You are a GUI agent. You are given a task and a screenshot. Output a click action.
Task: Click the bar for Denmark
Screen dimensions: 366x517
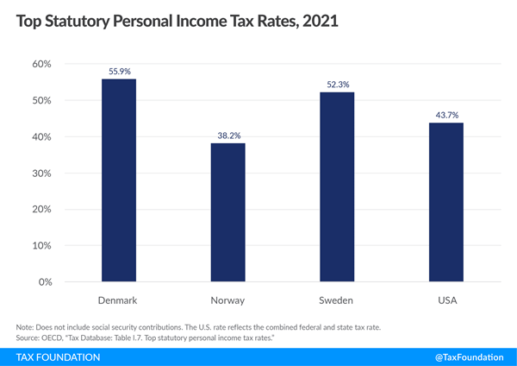point(119,180)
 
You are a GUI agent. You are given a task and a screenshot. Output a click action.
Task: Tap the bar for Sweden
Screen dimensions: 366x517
point(337,187)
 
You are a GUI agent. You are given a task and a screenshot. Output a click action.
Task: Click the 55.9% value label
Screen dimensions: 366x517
point(119,71)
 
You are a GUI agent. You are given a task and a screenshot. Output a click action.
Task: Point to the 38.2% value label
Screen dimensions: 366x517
point(228,135)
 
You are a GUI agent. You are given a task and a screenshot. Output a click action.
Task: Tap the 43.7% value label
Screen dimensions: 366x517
point(445,115)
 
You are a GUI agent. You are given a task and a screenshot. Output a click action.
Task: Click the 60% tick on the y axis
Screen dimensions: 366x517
point(42,65)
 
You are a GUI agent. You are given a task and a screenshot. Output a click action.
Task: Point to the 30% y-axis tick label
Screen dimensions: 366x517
point(42,174)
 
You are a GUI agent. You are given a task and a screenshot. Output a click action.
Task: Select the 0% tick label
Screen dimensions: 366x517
point(45,282)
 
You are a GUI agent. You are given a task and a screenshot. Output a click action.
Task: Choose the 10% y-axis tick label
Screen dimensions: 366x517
point(42,246)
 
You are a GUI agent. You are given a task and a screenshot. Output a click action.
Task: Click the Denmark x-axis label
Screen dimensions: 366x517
point(119,300)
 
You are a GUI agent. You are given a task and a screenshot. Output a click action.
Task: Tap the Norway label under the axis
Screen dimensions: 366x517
point(228,300)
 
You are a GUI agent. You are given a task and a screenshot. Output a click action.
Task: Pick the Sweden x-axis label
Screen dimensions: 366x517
point(337,300)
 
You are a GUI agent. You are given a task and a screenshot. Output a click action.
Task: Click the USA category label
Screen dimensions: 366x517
point(445,300)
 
